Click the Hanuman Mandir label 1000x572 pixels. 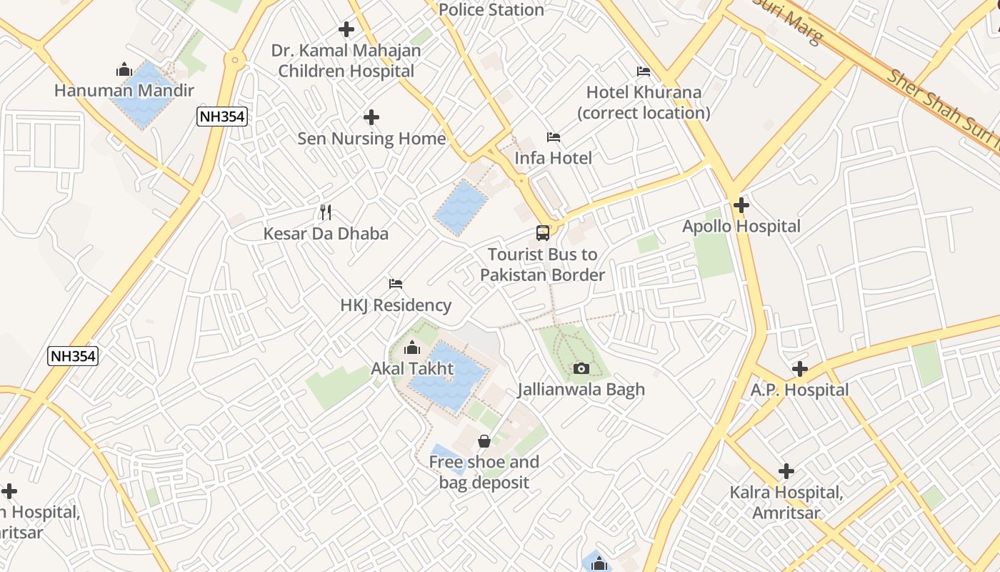tap(124, 91)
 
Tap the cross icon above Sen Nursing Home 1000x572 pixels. tap(371, 117)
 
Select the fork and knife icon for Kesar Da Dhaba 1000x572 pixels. tap(326, 212)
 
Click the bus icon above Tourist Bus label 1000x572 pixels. tap(543, 232)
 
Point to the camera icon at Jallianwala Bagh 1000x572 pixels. tap(581, 368)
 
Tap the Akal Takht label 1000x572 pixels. tap(412, 369)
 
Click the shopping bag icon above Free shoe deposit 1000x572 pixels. tap(484, 440)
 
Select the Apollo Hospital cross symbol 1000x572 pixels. tap(741, 205)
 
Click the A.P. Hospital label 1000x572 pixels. tap(799, 390)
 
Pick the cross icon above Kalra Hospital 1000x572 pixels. tap(786, 471)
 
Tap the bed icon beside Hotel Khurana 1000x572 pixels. tap(644, 71)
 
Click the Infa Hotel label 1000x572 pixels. tap(554, 158)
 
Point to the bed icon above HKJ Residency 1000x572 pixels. tap(396, 284)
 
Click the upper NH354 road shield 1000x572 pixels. tap(222, 117)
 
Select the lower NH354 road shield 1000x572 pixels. tap(73, 355)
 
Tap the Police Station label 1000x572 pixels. tap(491, 10)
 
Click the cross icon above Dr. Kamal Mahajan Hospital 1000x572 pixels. tap(346, 29)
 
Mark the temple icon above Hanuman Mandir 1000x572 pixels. tap(124, 70)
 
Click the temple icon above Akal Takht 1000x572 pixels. tap(412, 348)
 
